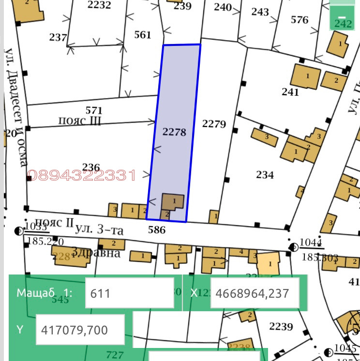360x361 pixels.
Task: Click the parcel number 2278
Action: pos(174,132)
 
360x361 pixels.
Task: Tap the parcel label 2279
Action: pos(214,124)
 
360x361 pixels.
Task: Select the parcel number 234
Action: pos(265,174)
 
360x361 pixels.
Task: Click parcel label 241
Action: pos(290,92)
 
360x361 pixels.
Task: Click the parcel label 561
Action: pos(143,35)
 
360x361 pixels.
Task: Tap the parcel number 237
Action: pos(58,37)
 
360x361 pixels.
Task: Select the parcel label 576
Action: pos(300,20)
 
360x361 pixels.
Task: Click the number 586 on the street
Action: pos(156,231)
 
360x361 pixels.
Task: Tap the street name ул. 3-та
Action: pos(99,229)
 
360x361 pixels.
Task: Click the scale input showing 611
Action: pos(129,293)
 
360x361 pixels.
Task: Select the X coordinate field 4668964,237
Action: pos(252,293)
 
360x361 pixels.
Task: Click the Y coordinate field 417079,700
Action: pos(80,330)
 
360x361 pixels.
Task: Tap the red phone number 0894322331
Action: pos(82,175)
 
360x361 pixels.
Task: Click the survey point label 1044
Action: pos(312,243)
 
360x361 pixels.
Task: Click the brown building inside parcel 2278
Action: pos(173,202)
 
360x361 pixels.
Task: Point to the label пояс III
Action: pos(80,121)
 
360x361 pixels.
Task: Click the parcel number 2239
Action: pos(281,327)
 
